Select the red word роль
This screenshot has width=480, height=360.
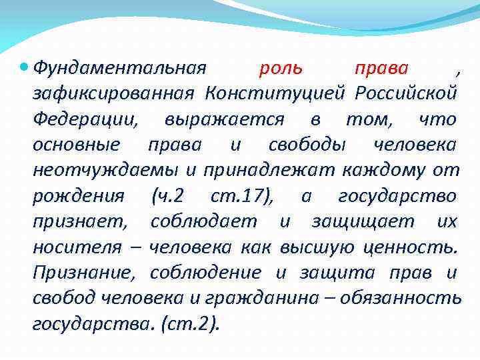point(281,67)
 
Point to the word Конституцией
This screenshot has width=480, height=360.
point(276,93)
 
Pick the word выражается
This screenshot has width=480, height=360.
point(225,119)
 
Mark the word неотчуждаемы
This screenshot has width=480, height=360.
point(105,170)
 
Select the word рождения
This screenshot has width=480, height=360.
point(78,196)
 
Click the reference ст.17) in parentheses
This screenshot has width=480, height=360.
point(242,196)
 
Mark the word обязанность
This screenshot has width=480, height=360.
point(400,298)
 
